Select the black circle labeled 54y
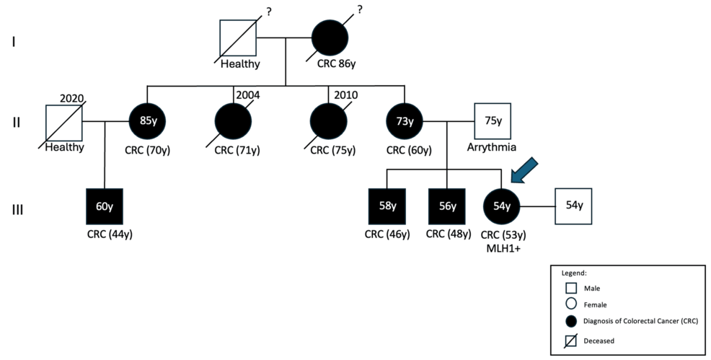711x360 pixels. (x=501, y=206)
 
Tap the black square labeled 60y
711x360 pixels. (x=105, y=206)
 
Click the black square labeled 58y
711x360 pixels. (x=388, y=206)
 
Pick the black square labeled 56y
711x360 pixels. (x=447, y=206)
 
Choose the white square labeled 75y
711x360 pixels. (x=493, y=122)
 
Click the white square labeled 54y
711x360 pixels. (x=573, y=206)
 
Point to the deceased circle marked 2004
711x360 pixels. (x=234, y=122)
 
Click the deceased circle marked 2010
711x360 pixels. (x=329, y=122)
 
